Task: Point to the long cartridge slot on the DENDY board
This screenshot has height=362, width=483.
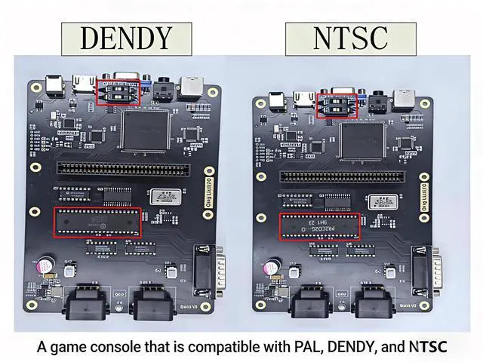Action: click(131, 167)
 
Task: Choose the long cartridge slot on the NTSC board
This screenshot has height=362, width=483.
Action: click(352, 176)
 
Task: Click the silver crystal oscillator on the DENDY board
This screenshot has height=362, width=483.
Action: click(167, 198)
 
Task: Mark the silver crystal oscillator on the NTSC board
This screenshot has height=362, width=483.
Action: click(381, 202)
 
